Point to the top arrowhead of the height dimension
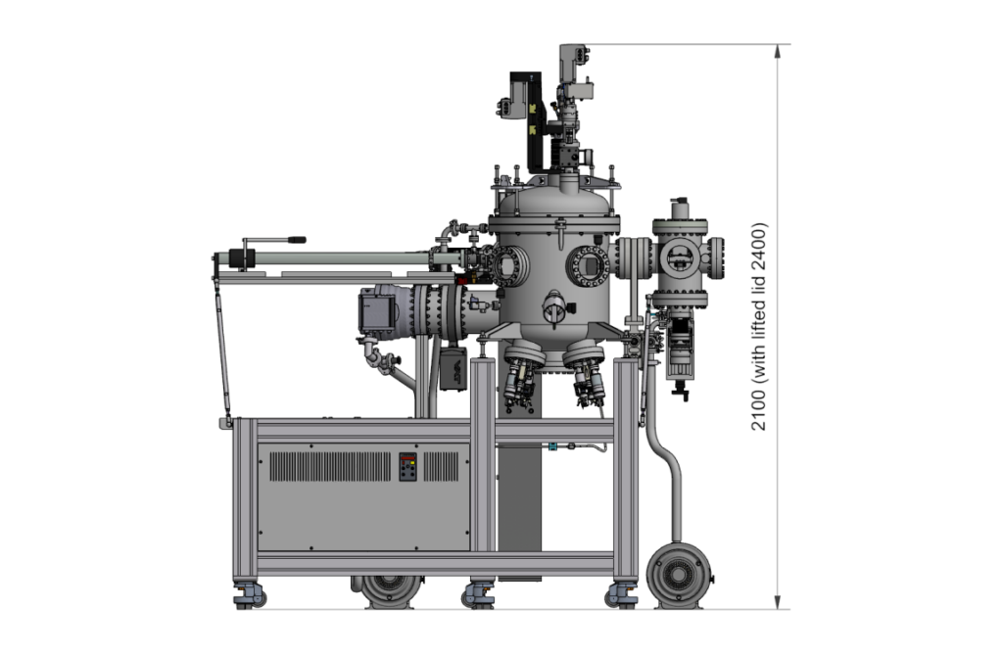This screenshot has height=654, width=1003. [778, 51]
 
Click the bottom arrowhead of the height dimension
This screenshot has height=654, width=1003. [778, 601]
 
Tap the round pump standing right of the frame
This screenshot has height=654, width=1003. [679, 576]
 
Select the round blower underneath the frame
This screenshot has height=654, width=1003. [391, 590]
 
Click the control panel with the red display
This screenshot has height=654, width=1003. [407, 467]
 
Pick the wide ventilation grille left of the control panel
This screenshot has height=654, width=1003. [329, 467]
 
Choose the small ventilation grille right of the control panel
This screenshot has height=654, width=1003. [442, 467]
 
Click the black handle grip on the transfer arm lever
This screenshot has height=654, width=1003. [296, 241]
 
